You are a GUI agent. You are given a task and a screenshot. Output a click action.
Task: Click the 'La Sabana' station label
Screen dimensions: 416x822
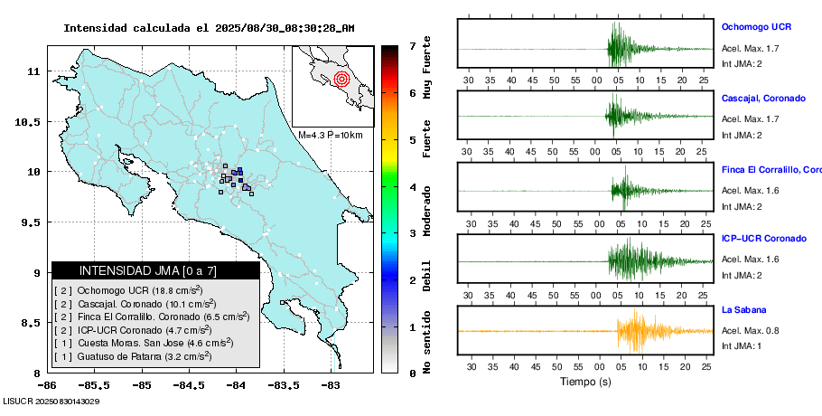[x=743, y=309]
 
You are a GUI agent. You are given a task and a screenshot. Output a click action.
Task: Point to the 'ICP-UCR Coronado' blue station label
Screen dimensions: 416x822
[x=763, y=239]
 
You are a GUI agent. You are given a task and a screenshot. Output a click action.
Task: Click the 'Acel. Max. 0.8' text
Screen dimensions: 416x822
[x=750, y=331]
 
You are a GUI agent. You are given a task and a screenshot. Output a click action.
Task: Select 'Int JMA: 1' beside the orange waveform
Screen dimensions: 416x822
[x=742, y=345]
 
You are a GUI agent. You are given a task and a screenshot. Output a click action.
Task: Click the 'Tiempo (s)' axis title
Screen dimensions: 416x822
[x=585, y=382]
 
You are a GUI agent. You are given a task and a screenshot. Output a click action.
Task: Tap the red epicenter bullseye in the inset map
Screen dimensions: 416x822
[x=341, y=79]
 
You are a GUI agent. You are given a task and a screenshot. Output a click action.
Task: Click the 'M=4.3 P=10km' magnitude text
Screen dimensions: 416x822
[x=330, y=136]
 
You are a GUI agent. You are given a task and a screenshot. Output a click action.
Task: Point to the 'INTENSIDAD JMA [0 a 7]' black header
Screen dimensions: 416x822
[x=155, y=270]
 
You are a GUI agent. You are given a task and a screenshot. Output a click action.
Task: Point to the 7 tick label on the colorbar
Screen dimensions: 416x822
[x=412, y=45]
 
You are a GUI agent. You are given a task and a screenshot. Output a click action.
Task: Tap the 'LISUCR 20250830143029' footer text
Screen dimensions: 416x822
[x=51, y=401]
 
